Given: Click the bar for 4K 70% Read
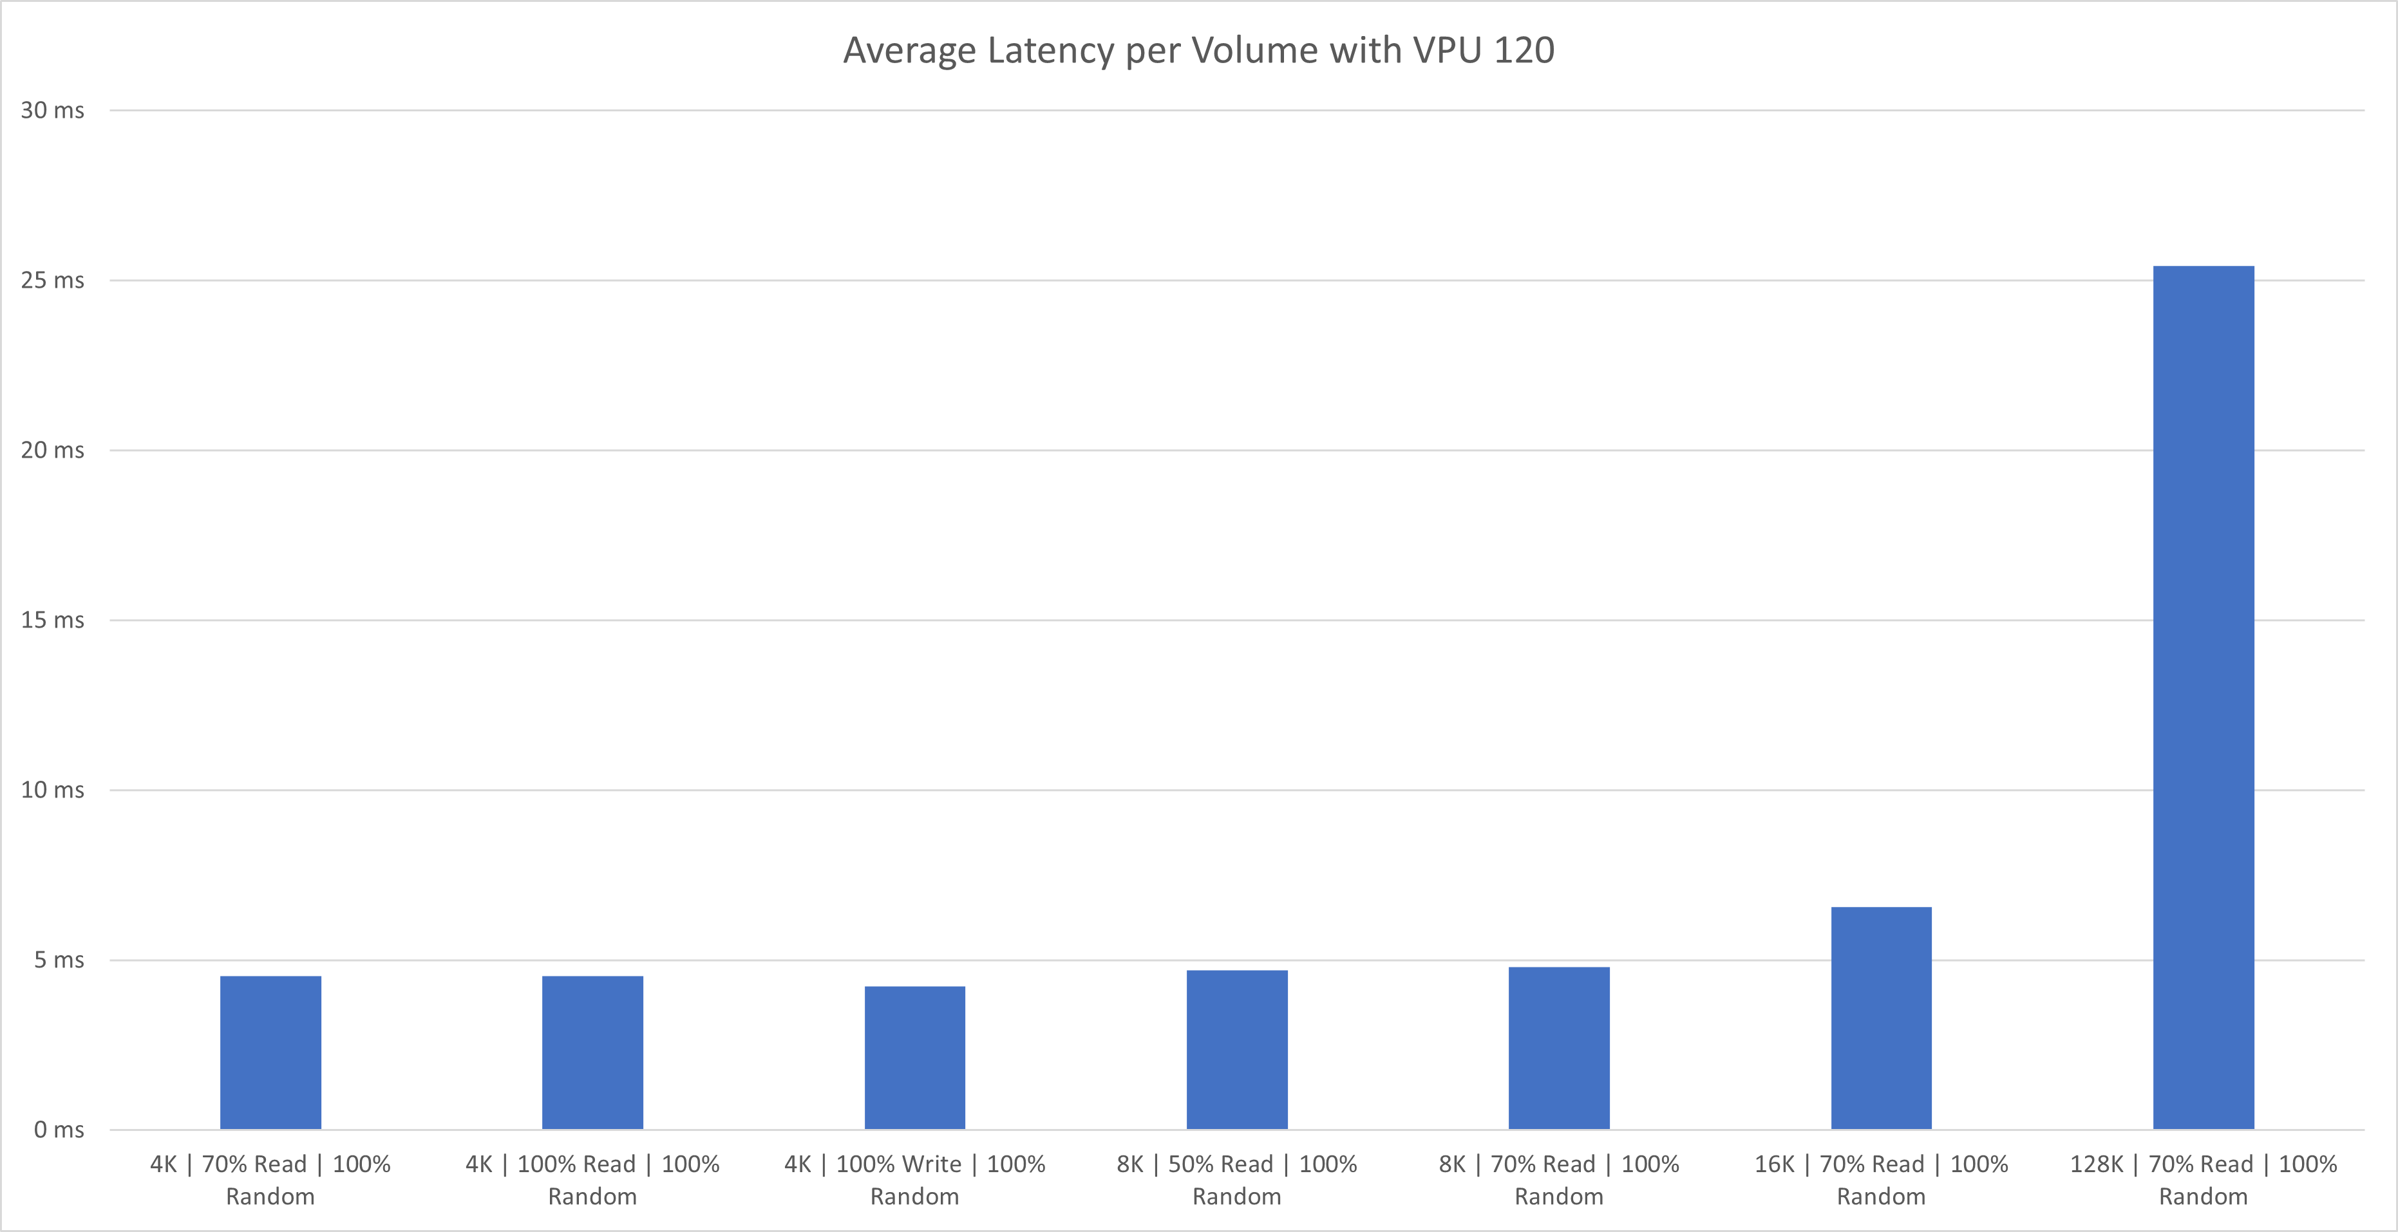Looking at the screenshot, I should (x=270, y=1052).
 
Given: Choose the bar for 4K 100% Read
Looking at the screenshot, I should (x=592, y=1052).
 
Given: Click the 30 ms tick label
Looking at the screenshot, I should (x=52, y=111).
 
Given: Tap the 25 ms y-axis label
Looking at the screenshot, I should (x=52, y=280).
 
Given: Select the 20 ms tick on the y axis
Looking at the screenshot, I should (x=52, y=451).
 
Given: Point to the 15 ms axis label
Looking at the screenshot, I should (x=52, y=620).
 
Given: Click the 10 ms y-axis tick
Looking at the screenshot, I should (x=52, y=790).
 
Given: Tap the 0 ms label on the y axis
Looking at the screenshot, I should (x=59, y=1130).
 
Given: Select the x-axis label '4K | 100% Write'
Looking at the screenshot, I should (x=914, y=1179).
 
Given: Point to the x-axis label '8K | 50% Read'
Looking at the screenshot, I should (x=1236, y=1179).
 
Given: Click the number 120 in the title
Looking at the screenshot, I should (x=1524, y=50).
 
